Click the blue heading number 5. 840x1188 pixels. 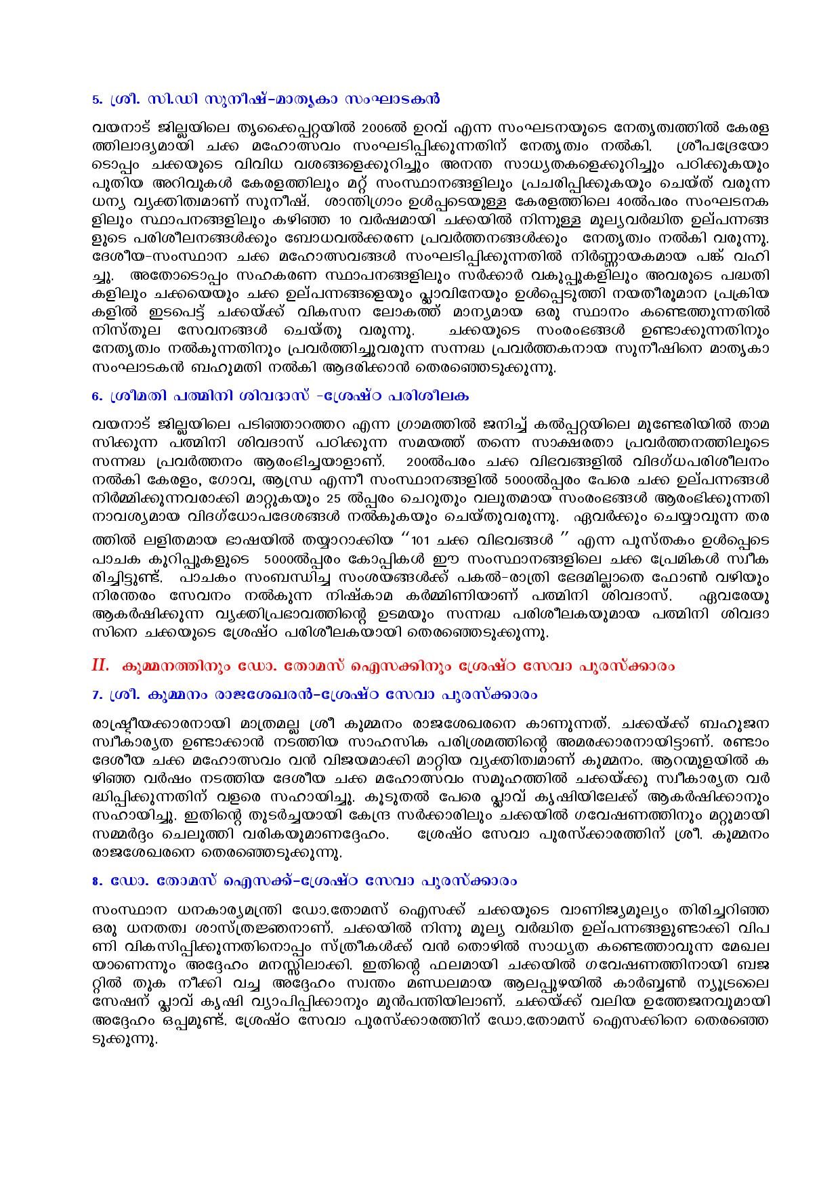pyautogui.click(x=95, y=100)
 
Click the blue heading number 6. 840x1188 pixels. pyautogui.click(x=95, y=395)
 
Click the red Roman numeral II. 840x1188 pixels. pyautogui.click(x=100, y=665)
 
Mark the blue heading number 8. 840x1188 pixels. pyautogui.click(x=95, y=882)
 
